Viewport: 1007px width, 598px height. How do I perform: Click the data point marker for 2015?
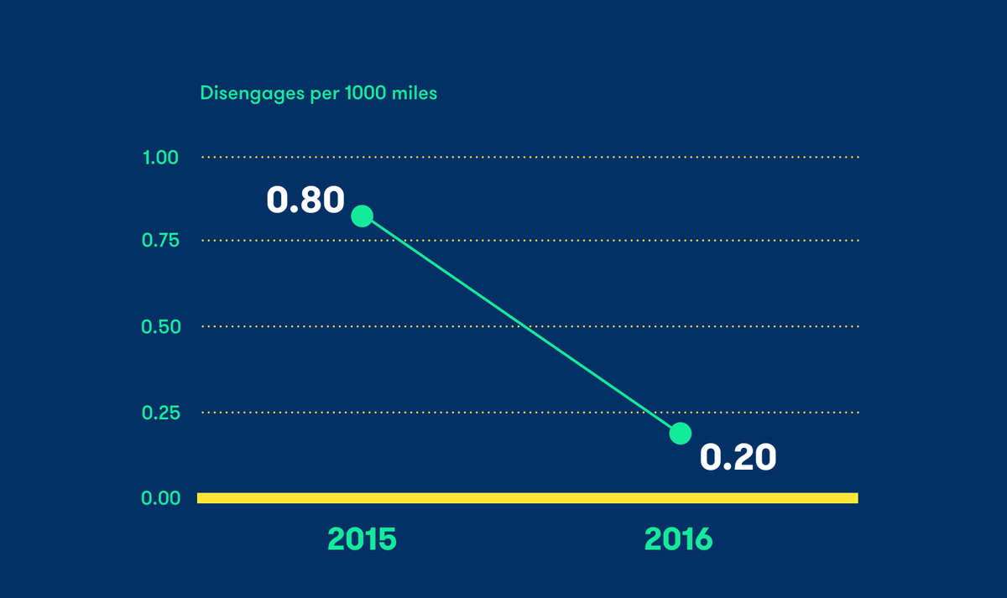(362, 216)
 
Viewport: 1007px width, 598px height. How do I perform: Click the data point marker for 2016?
(681, 434)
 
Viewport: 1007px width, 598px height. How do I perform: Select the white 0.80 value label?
(305, 200)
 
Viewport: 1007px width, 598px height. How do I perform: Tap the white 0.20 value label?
(738, 457)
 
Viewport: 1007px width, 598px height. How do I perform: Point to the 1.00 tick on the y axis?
(162, 157)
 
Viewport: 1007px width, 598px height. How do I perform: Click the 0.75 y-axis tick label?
(162, 241)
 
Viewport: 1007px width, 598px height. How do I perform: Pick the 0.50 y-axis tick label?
(162, 326)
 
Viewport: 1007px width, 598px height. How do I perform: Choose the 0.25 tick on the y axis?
(162, 413)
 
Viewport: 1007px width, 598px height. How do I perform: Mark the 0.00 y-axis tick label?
(162, 498)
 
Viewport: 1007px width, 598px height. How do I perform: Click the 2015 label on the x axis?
(362, 538)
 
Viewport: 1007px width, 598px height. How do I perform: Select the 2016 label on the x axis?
(678, 538)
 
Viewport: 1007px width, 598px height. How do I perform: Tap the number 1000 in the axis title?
(366, 93)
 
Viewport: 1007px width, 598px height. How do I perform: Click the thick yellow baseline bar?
(527, 498)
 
